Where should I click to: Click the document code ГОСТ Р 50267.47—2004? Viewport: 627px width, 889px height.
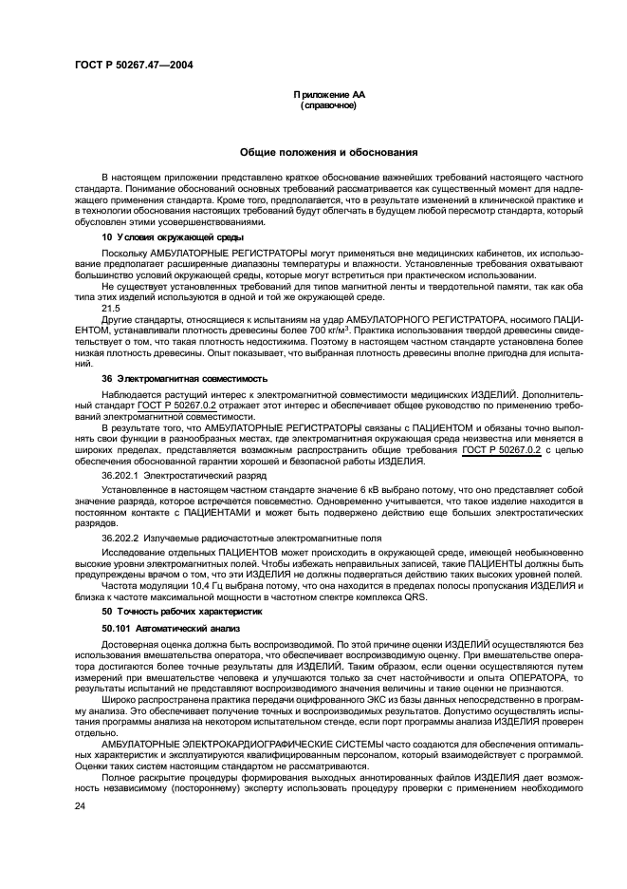[136, 64]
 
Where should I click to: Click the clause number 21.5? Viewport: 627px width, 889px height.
[111, 308]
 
